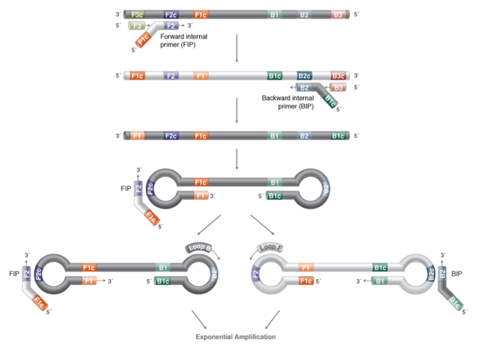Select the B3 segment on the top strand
(338, 15)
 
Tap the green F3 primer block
(137, 25)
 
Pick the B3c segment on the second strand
(338, 76)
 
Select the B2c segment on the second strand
(305, 76)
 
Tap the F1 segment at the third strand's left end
(137, 136)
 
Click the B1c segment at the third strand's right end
(338, 136)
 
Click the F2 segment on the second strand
(171, 76)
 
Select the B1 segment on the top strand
(275, 15)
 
